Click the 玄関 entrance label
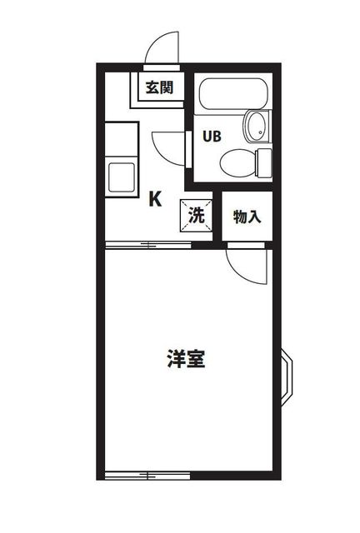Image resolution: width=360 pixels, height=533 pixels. point(159,87)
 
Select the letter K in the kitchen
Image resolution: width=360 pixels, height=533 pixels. point(155,199)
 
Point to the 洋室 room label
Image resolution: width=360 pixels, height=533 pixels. point(186,360)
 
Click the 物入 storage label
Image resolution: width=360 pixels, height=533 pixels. point(247,217)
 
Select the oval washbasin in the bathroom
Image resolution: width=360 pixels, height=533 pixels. point(255,127)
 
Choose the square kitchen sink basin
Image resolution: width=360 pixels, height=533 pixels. point(122,177)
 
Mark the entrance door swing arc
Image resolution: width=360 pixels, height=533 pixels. point(161,48)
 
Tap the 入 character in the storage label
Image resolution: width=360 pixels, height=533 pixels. point(254,217)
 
